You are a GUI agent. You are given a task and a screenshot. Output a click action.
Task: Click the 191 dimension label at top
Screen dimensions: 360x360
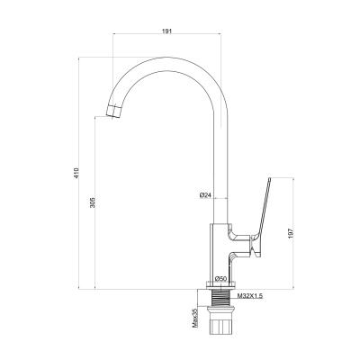click(166, 31)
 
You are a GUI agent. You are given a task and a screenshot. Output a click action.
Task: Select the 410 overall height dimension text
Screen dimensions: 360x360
click(76, 174)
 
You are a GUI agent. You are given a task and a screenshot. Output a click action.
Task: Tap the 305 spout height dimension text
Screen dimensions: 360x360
click(93, 202)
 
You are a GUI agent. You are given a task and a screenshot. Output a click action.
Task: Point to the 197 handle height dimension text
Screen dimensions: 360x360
click(291, 233)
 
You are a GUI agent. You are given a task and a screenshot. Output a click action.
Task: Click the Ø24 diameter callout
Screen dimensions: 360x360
click(205, 195)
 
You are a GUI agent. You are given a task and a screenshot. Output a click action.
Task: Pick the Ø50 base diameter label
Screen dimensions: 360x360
click(220, 279)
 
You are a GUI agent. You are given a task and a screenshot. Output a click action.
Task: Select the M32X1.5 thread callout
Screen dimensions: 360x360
click(250, 296)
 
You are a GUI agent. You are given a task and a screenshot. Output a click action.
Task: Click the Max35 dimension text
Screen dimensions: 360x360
click(195, 318)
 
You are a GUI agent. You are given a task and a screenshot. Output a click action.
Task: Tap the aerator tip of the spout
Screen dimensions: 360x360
click(114, 112)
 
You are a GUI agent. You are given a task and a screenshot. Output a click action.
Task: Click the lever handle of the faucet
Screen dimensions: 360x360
click(262, 218)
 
